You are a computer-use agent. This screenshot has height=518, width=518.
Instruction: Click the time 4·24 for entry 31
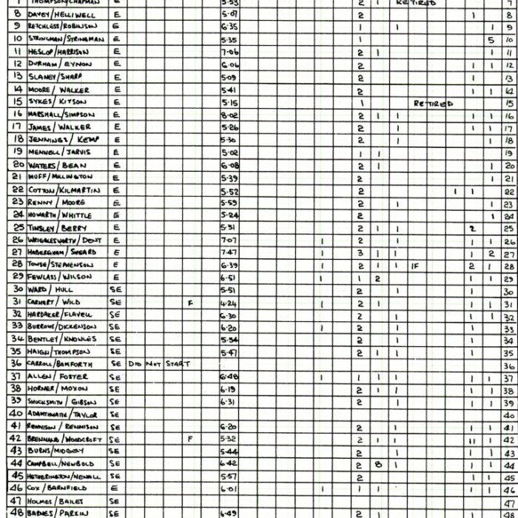click(229, 302)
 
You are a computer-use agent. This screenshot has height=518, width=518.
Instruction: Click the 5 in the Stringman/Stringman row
click(490, 40)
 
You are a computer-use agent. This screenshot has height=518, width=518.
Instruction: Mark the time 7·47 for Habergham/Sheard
click(229, 252)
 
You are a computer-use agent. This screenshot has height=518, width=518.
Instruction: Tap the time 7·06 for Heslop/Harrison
click(229, 53)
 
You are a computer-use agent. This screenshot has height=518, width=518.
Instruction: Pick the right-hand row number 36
click(508, 365)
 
